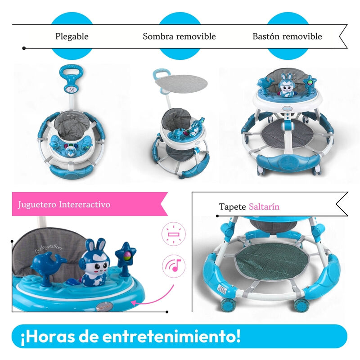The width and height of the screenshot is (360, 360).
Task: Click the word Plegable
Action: pyautogui.click(x=72, y=36)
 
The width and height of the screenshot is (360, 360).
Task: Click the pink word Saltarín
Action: pyautogui.click(x=264, y=207)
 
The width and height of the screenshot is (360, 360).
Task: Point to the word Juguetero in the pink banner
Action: pyautogui.click(x=37, y=204)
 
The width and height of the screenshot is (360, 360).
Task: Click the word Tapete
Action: pyautogui.click(x=232, y=207)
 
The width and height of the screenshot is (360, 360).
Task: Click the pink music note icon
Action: pyautogui.click(x=174, y=266)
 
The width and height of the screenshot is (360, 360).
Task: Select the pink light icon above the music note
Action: pyautogui.click(x=174, y=234)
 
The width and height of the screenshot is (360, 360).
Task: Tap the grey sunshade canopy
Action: pyautogui.click(x=181, y=83)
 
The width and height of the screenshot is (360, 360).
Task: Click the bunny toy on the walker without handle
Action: pyautogui.click(x=286, y=85)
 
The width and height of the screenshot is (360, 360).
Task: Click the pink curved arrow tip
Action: pyautogui.click(x=132, y=303)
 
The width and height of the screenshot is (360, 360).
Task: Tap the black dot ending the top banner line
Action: pyautogui.click(x=24, y=48)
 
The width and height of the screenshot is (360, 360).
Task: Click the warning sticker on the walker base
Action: pyautogui.click(x=221, y=290)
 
